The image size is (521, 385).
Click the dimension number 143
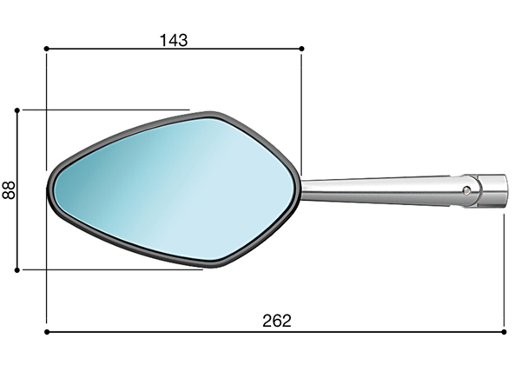[174, 40]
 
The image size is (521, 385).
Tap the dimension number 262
[277, 321]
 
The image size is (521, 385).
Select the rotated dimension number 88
[9, 189]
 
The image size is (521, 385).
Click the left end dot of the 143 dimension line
[46, 49]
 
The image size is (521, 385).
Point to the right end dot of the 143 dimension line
[301, 49]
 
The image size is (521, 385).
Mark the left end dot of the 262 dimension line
[47, 332]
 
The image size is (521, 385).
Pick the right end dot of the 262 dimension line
[504, 332]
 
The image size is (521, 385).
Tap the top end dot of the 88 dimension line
[17, 110]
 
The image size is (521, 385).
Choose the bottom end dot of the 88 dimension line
[17, 270]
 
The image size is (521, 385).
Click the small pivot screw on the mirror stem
[466, 190]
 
